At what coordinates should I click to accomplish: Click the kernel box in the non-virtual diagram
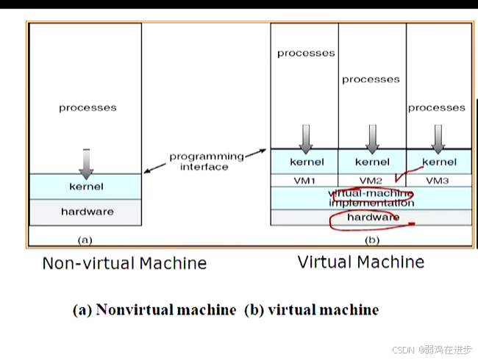click(85, 187)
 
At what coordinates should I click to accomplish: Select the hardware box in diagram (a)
click(86, 212)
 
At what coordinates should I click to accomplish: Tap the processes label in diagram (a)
click(88, 108)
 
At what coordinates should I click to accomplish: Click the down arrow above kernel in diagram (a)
click(86, 164)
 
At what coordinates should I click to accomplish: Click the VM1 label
click(304, 180)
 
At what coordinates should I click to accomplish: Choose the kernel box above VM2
click(372, 162)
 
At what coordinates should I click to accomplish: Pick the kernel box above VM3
click(438, 162)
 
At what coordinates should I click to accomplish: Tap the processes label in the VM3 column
click(437, 108)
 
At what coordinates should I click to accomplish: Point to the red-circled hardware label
click(373, 217)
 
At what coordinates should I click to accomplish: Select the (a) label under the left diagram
click(85, 240)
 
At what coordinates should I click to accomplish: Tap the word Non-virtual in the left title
click(84, 263)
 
